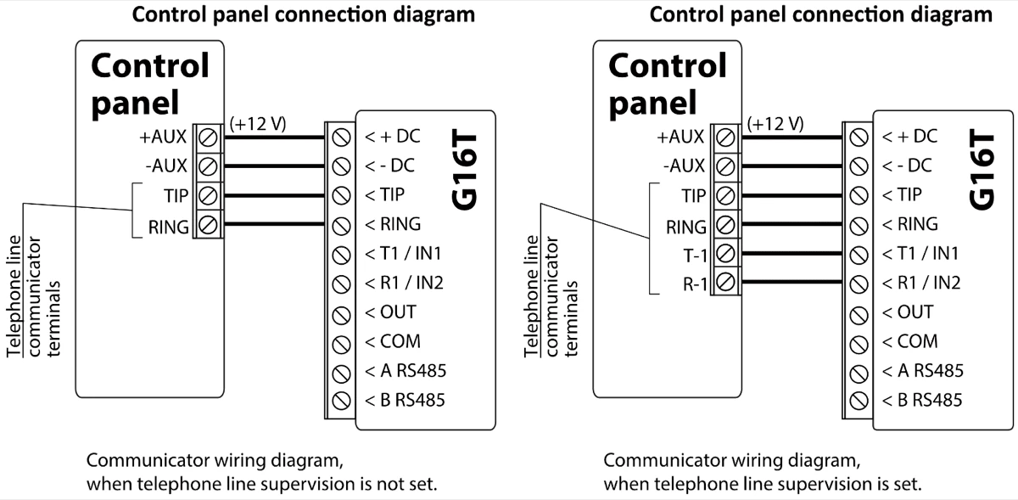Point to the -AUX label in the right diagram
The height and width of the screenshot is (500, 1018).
685,166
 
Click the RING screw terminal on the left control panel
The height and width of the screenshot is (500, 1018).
207,226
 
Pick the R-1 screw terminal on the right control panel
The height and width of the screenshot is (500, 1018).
724,283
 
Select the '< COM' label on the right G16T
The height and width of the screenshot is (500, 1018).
910,342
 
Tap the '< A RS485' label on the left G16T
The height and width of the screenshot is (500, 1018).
405,371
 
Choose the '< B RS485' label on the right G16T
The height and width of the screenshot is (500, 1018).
922,400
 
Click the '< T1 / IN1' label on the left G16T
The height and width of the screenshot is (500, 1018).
404,254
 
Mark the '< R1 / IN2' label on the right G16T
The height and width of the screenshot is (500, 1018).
921,283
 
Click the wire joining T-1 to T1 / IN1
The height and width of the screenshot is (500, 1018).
789,254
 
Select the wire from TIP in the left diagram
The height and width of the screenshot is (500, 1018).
271,195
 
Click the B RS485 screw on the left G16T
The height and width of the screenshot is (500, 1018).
342,400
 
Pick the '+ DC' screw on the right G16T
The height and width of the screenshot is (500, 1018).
859,136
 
